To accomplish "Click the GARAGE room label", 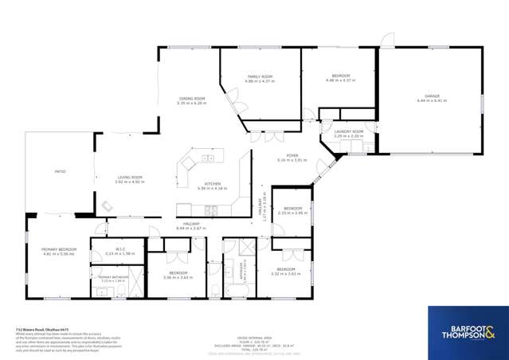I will pos(432,96).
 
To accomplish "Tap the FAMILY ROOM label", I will pos(260,77).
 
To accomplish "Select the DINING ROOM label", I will pos(192,99).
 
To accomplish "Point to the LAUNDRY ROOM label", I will pos(349,131).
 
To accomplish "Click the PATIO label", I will pos(60,171).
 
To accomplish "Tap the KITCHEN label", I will pos(213,183).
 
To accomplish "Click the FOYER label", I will pos(292,155).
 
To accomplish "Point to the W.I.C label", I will pos(121,248).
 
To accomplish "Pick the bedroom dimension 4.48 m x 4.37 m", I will pos(338,80).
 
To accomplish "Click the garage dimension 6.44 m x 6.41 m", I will pos(432,101).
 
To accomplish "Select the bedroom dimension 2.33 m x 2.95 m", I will pos(292,213).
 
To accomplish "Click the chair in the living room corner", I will pos(107,206).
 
